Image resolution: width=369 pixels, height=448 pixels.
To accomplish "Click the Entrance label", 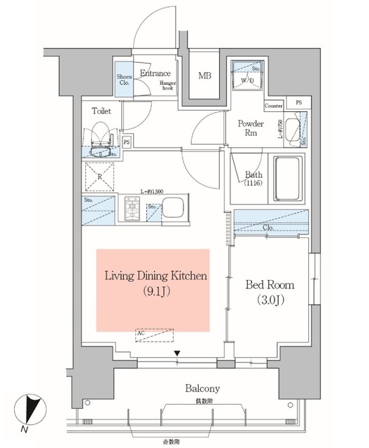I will [155, 73].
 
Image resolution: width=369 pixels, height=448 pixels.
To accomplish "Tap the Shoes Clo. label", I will [123, 78].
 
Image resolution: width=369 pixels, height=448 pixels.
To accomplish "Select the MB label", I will [204, 76].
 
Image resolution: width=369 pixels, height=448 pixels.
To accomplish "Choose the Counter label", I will [274, 106].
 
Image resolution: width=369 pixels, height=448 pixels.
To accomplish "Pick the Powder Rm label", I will [250, 128].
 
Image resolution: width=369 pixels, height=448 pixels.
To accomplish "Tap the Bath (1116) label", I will [253, 179].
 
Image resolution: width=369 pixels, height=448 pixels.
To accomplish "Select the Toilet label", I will [102, 110].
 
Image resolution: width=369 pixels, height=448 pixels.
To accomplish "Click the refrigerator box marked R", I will [99, 176].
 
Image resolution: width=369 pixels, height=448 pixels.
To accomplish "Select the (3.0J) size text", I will [269, 301].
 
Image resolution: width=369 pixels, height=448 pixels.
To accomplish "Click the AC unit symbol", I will [153, 336].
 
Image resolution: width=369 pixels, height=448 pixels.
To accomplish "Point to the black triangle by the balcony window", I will [178, 353].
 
